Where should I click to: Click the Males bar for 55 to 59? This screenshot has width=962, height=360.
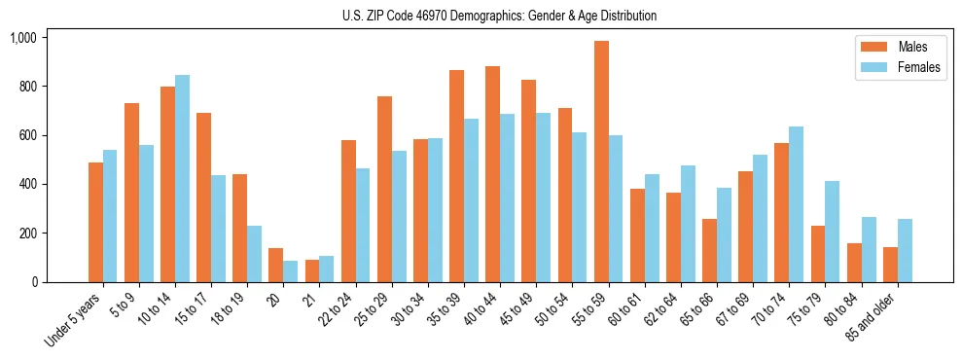point(602,162)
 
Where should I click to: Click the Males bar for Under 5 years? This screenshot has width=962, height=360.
point(96,222)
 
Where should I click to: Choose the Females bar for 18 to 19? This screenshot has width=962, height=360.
point(255,254)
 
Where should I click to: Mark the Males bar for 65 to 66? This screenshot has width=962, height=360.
point(710,250)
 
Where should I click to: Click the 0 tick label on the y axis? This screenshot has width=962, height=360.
point(33,282)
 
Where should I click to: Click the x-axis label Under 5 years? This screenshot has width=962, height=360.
point(74,319)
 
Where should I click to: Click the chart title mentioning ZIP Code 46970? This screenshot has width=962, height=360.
point(499,16)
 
